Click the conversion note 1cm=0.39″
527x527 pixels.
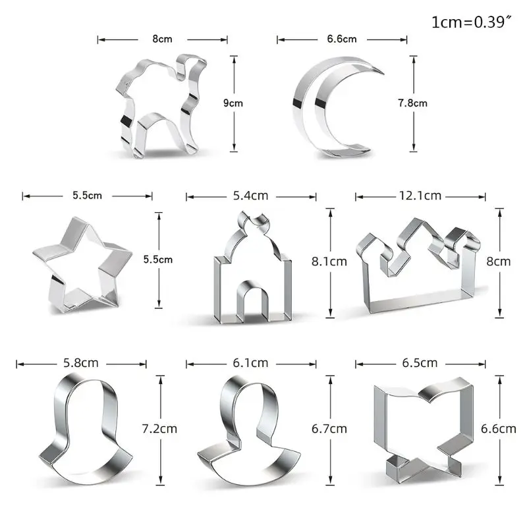point(471,22)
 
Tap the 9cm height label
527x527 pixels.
point(233,103)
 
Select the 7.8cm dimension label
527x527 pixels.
point(413,103)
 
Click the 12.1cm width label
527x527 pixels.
point(420,196)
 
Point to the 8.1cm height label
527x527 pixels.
point(329,262)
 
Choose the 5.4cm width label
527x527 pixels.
point(251,196)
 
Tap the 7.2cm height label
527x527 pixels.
point(159,429)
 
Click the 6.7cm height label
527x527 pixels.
point(329,429)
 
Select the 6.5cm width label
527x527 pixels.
point(420,363)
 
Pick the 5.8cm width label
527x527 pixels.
point(81,363)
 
